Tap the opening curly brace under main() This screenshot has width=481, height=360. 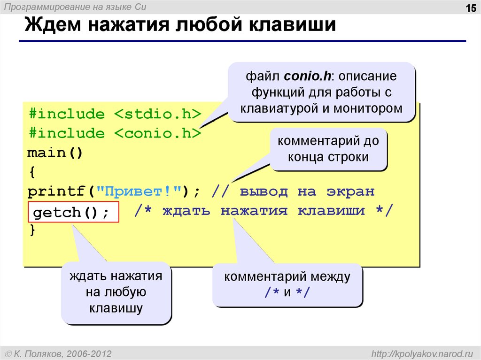pos(32,172)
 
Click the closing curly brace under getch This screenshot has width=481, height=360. pos(32,230)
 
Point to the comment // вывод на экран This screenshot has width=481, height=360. pos(293,192)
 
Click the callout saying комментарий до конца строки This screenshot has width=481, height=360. pos(328,149)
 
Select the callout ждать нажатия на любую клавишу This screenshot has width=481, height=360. pos(116,292)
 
